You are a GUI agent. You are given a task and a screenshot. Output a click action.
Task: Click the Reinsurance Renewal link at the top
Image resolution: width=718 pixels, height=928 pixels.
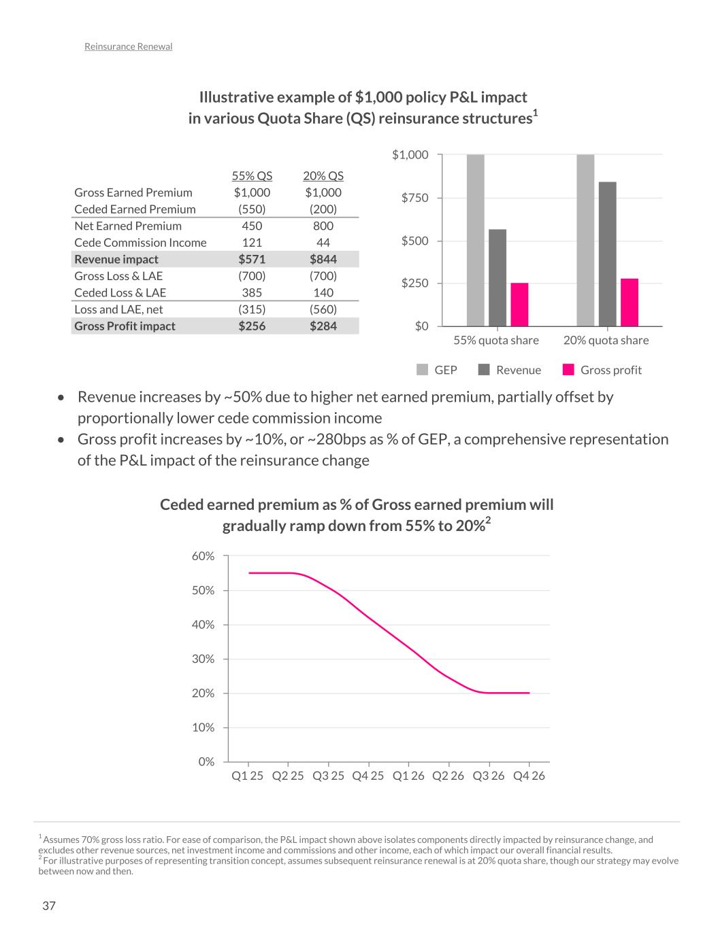point(128,47)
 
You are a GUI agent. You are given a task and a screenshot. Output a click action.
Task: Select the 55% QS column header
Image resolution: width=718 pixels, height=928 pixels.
point(252,176)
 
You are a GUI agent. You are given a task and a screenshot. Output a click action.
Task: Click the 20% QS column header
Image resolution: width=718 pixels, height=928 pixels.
point(323,176)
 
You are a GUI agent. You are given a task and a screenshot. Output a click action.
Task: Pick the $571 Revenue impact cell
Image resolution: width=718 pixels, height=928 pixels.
point(252,259)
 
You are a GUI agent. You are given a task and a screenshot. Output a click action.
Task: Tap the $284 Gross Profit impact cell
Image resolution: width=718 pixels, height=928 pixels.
point(323,326)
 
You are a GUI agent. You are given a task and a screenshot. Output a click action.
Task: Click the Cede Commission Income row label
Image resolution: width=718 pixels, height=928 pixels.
point(140,243)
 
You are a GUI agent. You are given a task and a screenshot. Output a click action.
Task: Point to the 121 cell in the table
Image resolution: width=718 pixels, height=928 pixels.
point(252,243)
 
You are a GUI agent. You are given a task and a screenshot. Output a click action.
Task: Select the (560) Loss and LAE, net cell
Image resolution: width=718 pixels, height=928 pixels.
point(323,309)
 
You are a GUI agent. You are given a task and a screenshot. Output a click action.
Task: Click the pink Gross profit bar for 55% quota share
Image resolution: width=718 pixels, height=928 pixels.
point(519,305)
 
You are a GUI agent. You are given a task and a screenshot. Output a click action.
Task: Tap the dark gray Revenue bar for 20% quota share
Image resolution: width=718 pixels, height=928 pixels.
point(607,254)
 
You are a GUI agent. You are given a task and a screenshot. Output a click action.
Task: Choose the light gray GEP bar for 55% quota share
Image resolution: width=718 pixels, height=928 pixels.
point(476,241)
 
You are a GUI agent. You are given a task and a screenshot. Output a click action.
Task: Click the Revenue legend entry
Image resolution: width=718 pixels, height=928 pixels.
point(510,370)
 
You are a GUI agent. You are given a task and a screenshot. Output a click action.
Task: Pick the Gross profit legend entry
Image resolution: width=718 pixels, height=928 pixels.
point(603,370)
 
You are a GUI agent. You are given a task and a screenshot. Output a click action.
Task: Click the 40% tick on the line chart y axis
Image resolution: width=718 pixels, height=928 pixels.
point(203,625)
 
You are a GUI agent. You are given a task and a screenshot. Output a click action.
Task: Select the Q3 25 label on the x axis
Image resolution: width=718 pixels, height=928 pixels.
point(328,776)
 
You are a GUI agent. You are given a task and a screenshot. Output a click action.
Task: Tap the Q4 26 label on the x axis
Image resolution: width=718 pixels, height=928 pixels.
point(529,776)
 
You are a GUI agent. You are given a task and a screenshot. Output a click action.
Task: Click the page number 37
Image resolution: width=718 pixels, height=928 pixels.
point(49,906)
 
